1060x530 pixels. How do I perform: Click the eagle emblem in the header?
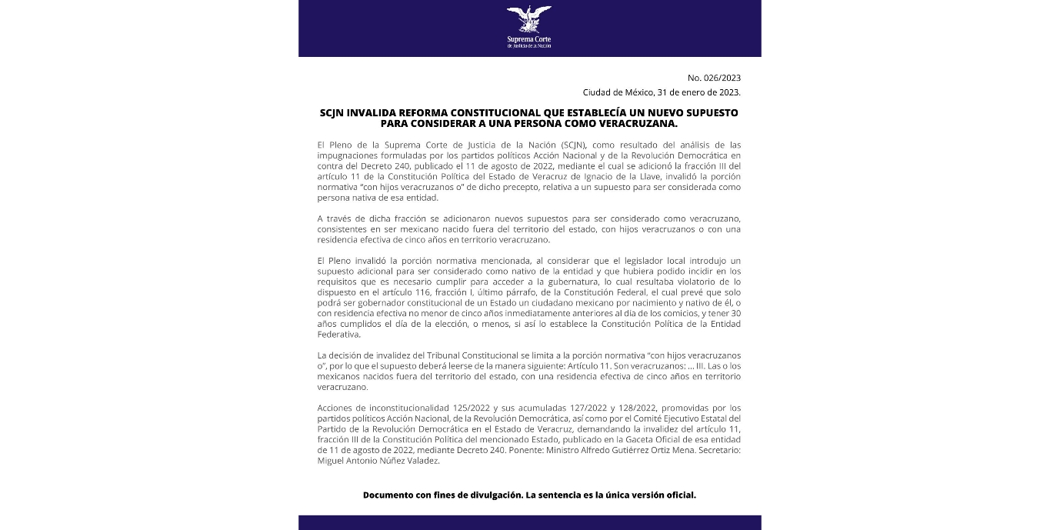pos(529,19)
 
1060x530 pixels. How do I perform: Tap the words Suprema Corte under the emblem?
pos(529,38)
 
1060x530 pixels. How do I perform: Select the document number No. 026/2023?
pos(715,78)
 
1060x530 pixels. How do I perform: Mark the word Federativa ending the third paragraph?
pos(338,335)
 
